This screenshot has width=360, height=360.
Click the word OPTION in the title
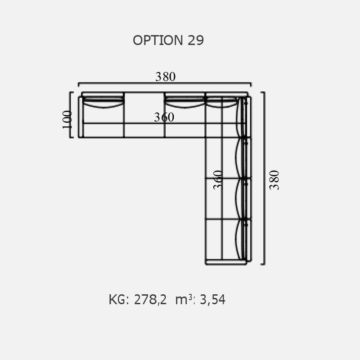[x=158, y=40]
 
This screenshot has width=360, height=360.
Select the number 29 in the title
[x=196, y=40]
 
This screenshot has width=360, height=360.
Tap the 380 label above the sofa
[x=165, y=76]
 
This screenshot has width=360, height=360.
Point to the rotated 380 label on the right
[x=274, y=180]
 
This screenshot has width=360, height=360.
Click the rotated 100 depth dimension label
[x=67, y=120]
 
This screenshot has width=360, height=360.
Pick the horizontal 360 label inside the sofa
[x=164, y=117]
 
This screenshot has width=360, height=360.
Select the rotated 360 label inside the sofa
[x=218, y=180]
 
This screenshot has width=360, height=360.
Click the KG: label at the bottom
[x=119, y=300]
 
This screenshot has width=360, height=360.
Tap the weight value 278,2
[x=150, y=300]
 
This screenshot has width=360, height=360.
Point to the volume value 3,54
[x=212, y=300]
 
